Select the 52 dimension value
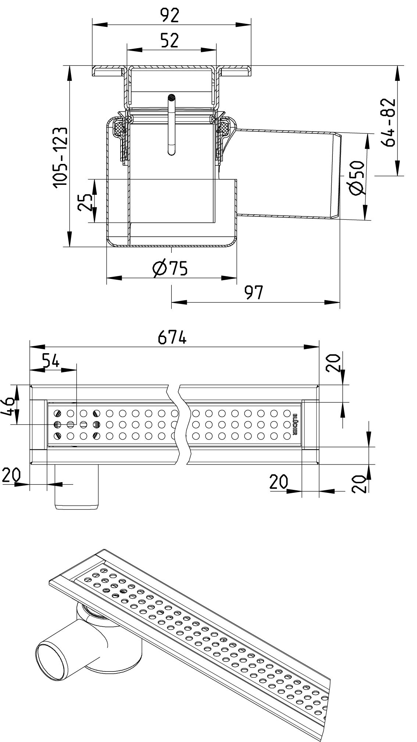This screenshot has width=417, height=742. click(170, 40)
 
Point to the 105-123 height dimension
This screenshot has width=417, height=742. click(60, 157)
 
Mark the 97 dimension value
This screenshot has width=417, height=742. click(253, 293)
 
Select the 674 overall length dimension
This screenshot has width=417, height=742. click(172, 337)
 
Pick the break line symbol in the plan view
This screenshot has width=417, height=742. click(179, 424)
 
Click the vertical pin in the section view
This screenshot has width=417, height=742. click(171, 124)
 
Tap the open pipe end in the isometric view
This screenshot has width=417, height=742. click(51, 660)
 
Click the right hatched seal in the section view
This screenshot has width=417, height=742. click(223, 128)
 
